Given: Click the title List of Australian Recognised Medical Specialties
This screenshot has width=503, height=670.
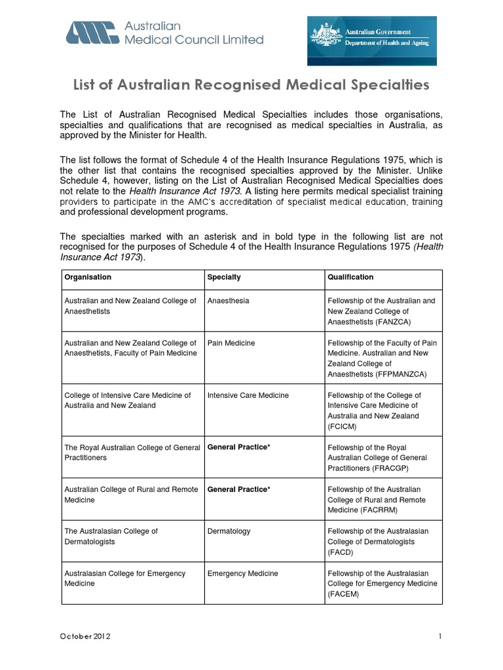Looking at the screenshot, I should pos(251,85).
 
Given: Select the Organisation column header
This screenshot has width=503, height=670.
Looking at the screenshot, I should pos(88,277).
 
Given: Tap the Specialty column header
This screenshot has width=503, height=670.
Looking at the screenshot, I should pos(224,277).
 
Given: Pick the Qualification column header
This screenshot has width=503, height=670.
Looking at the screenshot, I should pos(350,277).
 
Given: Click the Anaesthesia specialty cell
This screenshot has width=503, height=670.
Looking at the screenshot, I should pos(228,301).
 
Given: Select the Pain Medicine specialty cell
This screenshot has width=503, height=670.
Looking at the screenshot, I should pos(231,343).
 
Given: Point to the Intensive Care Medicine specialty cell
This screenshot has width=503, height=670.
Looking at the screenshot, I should pos(248,395).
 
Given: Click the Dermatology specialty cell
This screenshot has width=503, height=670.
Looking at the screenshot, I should pos(229,531).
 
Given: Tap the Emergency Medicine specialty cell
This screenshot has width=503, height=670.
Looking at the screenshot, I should pos(242,573).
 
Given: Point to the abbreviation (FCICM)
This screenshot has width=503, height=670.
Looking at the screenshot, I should pos(342,427).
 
